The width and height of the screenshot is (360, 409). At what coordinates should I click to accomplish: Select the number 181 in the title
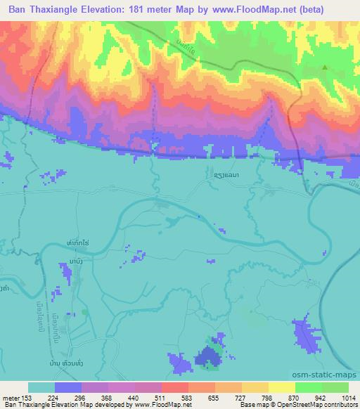pyautogui.click(x=160, y=9)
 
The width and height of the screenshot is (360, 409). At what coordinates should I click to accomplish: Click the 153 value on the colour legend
pyautogui.click(x=27, y=397)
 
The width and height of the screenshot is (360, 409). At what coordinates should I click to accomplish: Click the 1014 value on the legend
pyautogui.click(x=347, y=397)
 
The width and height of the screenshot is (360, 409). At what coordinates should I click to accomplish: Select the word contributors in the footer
pyautogui.click(x=340, y=405)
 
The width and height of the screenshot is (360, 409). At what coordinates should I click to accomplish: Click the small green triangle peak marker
pyautogui.click(x=325, y=67)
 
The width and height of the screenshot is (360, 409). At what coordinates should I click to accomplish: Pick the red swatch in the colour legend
pyautogui.click(x=174, y=387)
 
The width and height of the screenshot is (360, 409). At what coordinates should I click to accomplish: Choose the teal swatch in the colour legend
pyautogui.click(x=41, y=387)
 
